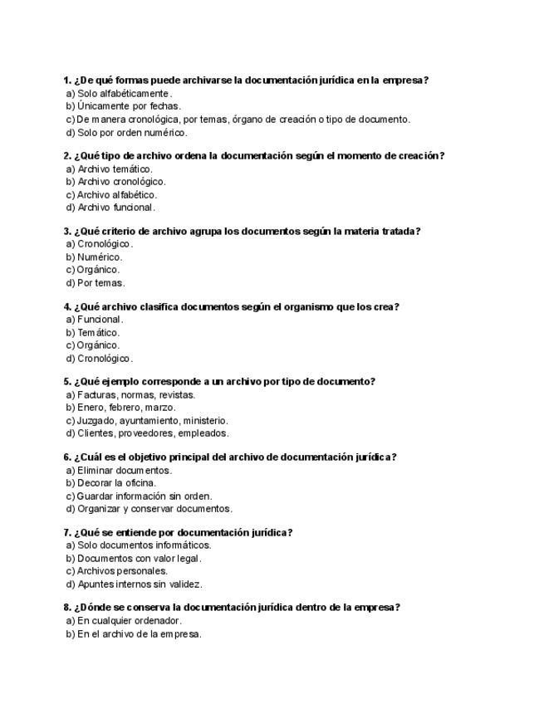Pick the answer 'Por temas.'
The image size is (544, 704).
tap(100, 283)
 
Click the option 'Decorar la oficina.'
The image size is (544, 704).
tap(116, 483)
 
